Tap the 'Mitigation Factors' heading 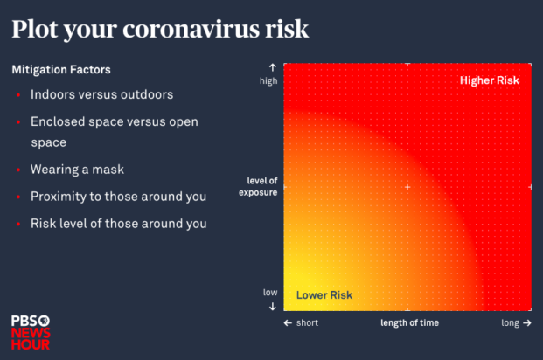click(x=61, y=68)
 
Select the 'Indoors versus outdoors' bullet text click(x=101, y=94)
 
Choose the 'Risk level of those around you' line click(x=118, y=223)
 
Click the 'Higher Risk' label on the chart click(x=490, y=80)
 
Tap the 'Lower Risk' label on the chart click(x=324, y=295)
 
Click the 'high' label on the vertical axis click(x=268, y=81)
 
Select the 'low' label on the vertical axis click(x=270, y=292)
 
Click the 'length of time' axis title click(x=409, y=322)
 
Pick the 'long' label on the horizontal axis click(x=511, y=322)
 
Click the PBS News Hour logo click(x=31, y=331)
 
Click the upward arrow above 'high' click(x=272, y=67)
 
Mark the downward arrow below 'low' click(x=272, y=306)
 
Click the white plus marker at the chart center click(x=407, y=187)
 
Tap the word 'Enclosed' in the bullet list click(x=58, y=121)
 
